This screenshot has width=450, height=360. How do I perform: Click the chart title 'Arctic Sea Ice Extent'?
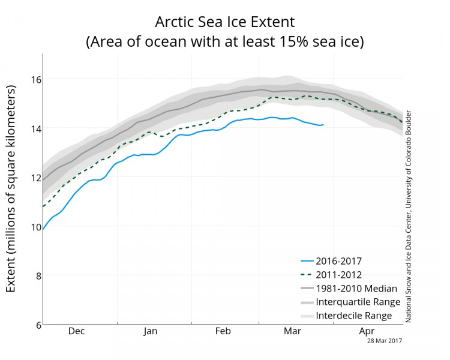pos(225,23)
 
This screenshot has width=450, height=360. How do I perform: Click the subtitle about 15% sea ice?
pos(225,43)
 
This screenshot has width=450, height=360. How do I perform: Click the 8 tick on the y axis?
pos(35,276)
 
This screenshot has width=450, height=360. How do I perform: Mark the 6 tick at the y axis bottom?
pos(35,325)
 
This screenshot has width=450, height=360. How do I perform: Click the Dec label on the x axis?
pos(77,331)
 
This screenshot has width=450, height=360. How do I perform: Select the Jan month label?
pos(151,331)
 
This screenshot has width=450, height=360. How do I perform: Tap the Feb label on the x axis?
pos(223,331)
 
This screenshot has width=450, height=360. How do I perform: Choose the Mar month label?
pos(292,331)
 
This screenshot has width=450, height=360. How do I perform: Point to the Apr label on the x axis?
pos(366,331)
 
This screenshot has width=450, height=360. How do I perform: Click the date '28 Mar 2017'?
pos(385,340)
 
